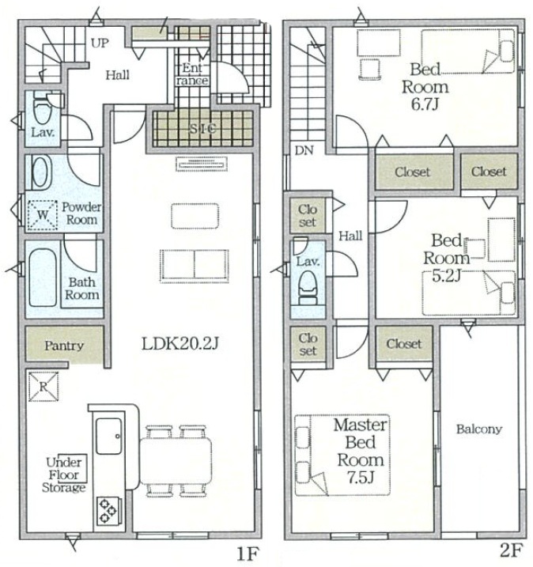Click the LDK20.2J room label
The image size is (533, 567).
pyautogui.click(x=180, y=344)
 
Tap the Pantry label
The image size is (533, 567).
pyautogui.click(x=64, y=346)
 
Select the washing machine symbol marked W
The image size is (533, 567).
pyautogui.click(x=43, y=215)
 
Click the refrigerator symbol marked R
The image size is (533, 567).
pyautogui.click(x=43, y=387)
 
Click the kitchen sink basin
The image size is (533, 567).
pyautogui.click(x=108, y=436)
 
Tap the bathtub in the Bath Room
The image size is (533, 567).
pyautogui.click(x=43, y=278)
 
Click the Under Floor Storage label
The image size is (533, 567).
pyautogui.click(x=64, y=474)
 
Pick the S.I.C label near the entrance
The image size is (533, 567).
pyautogui.click(x=202, y=128)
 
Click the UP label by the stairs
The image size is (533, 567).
pyautogui.click(x=100, y=43)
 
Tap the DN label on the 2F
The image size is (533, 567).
pyautogui.click(x=304, y=150)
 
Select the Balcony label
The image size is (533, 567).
pyautogui.click(x=479, y=429)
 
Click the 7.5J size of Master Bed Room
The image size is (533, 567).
pyautogui.click(x=361, y=478)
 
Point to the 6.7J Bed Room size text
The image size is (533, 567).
pyautogui.click(x=425, y=104)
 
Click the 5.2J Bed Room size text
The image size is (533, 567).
pyautogui.click(x=446, y=276)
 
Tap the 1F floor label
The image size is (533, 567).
pyautogui.click(x=248, y=554)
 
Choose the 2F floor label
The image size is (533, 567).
pyautogui.click(x=511, y=550)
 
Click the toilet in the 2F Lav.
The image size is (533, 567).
pyautogui.click(x=308, y=288)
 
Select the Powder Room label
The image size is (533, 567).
pyautogui.click(x=81, y=214)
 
